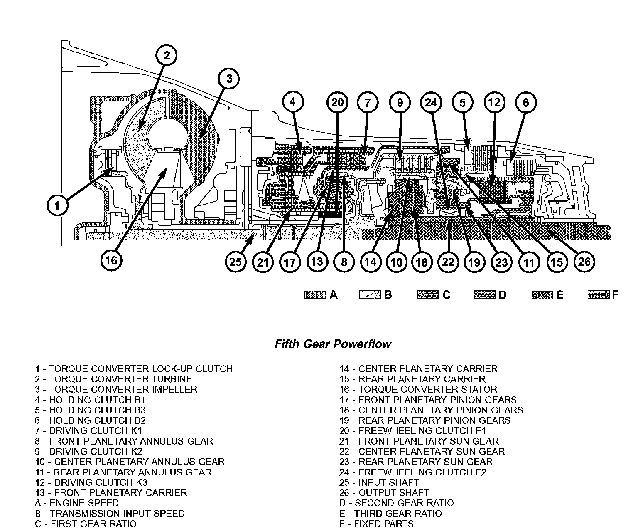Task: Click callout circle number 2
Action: point(167,55)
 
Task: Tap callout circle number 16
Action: point(111,260)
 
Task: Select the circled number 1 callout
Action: point(57,205)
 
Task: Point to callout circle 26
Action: point(584,262)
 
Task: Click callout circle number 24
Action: point(432,102)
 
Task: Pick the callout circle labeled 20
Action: point(337,102)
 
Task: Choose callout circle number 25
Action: point(236,262)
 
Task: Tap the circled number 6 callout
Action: point(526,102)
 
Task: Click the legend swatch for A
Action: point(315,295)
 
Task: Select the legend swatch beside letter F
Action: point(599,295)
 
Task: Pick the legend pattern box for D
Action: point(484,295)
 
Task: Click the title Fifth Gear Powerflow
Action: point(333,344)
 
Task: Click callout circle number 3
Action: point(229,79)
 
